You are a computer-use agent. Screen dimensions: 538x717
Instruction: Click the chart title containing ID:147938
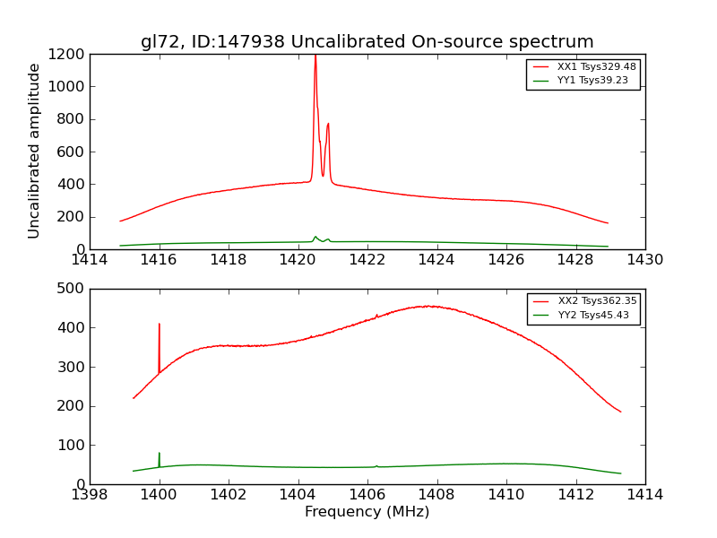[367, 42]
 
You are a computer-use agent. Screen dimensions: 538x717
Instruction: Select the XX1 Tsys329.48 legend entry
[583, 67]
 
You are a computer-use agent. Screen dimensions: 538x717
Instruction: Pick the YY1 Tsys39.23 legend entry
[583, 80]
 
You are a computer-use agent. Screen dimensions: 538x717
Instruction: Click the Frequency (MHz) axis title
[367, 512]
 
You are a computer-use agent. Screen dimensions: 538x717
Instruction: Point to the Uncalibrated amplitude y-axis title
[35, 151]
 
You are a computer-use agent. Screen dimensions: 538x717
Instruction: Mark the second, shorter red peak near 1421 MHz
[328, 125]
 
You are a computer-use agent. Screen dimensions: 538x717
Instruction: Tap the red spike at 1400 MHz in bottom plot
[160, 325]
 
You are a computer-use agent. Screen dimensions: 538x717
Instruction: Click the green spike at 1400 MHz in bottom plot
[160, 455]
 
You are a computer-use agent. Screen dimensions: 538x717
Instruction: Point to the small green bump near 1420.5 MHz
[315, 237]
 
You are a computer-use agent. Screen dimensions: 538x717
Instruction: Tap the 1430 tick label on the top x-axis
[644, 260]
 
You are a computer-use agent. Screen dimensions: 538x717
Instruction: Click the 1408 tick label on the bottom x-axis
[436, 494]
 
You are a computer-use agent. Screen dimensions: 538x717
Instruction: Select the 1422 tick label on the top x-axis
[367, 260]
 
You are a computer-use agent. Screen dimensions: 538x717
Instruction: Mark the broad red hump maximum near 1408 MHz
[432, 307]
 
